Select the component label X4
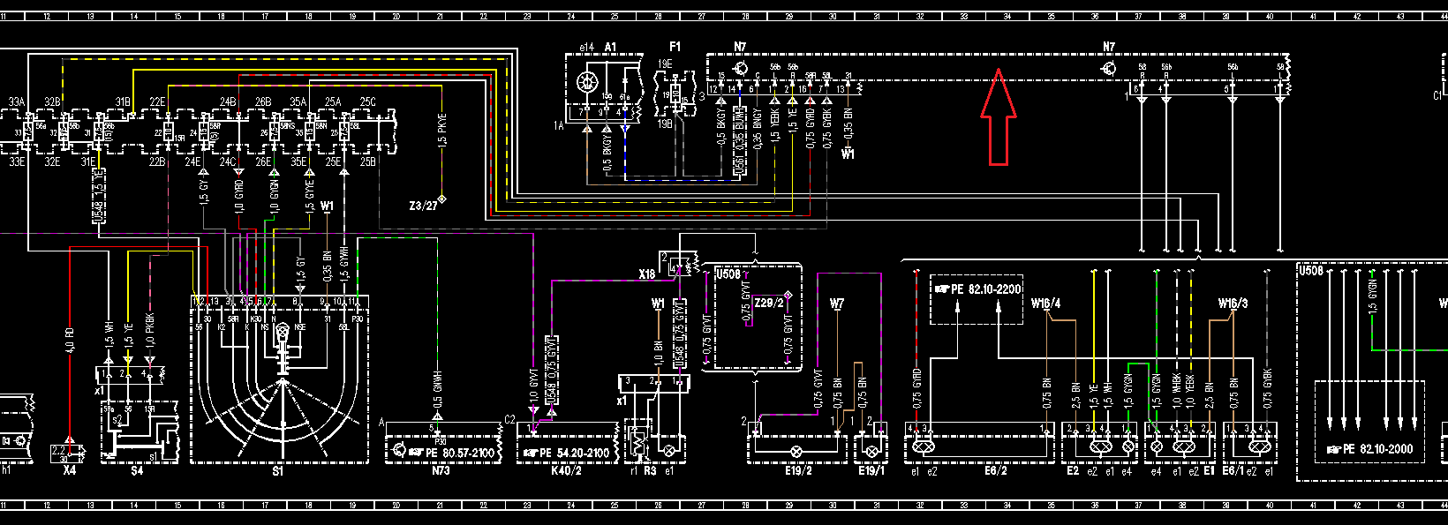point(70,471)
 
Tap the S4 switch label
point(137,471)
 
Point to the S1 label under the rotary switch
point(278,471)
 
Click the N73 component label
point(441,471)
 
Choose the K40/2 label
point(566,471)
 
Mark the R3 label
point(650,471)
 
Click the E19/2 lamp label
point(798,471)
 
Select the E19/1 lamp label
point(871,471)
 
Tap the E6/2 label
point(996,471)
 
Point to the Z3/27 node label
point(423,206)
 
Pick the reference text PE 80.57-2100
point(459,453)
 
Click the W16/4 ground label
point(1045,304)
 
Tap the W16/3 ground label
point(1233,304)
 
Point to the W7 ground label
point(837,304)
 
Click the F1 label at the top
point(675,47)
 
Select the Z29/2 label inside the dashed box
point(769,303)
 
